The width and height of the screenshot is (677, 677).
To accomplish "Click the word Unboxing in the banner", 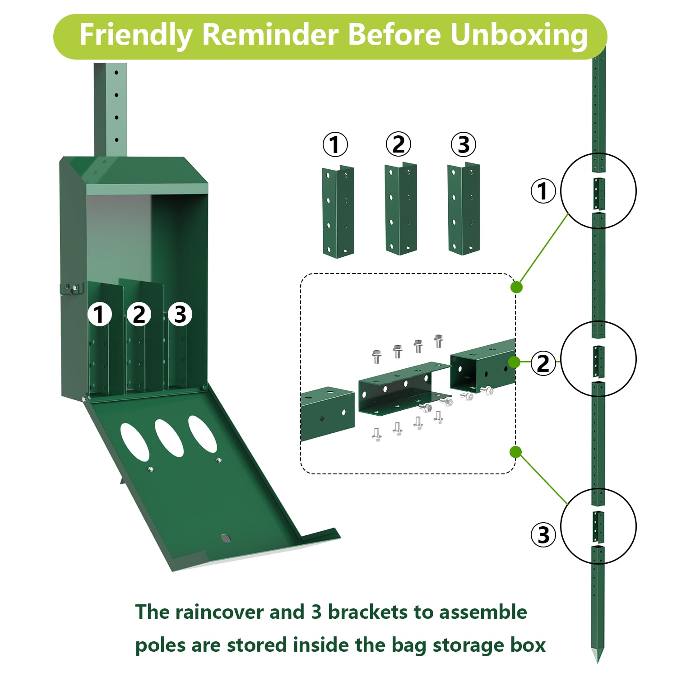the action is [519, 36].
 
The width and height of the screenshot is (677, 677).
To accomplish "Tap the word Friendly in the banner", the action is [136, 36].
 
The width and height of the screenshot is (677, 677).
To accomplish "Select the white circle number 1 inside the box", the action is [99, 314].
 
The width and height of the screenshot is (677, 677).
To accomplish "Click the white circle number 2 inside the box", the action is [139, 314].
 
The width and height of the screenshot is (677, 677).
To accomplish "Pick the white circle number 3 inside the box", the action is [180, 314].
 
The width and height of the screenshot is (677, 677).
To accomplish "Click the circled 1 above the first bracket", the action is [335, 144].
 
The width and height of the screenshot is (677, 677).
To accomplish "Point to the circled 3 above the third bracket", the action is [464, 144].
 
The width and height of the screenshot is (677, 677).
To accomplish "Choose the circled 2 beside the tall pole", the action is [543, 363].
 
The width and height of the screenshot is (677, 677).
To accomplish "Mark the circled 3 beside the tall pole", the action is [543, 535].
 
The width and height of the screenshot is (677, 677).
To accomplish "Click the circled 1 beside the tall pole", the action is [543, 191].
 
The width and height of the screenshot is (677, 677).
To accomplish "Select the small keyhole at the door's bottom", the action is [225, 538].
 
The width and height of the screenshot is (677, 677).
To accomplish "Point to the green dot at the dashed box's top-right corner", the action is [516, 287].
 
